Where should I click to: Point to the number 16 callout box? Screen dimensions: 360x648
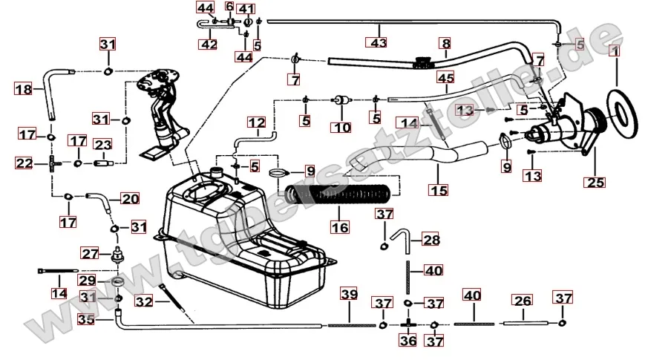[339, 227]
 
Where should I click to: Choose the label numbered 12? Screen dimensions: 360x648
[256, 122]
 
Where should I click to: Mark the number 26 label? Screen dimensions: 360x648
[523, 301]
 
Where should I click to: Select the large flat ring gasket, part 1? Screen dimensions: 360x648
[618, 104]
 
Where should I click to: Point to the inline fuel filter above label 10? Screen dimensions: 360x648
[341, 99]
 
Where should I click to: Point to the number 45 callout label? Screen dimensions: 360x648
[445, 77]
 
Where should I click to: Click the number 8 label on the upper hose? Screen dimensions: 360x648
[445, 45]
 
